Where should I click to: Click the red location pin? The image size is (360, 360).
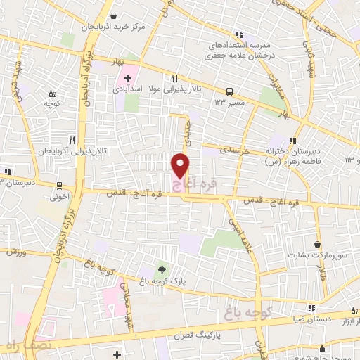click(x=181, y=165)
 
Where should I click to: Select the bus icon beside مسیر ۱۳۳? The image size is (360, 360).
click(x=229, y=91)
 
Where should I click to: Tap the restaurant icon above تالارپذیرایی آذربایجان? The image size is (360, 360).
click(x=72, y=140)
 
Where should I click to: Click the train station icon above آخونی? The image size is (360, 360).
click(x=59, y=186)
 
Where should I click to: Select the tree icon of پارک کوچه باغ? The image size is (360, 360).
click(x=162, y=270)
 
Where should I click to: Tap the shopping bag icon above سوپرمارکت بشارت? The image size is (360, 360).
click(x=318, y=245)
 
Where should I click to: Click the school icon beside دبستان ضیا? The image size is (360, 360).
click(x=310, y=308)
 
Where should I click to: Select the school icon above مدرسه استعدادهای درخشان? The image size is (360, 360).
click(x=238, y=34)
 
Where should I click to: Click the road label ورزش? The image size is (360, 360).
click(x=16, y=252)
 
